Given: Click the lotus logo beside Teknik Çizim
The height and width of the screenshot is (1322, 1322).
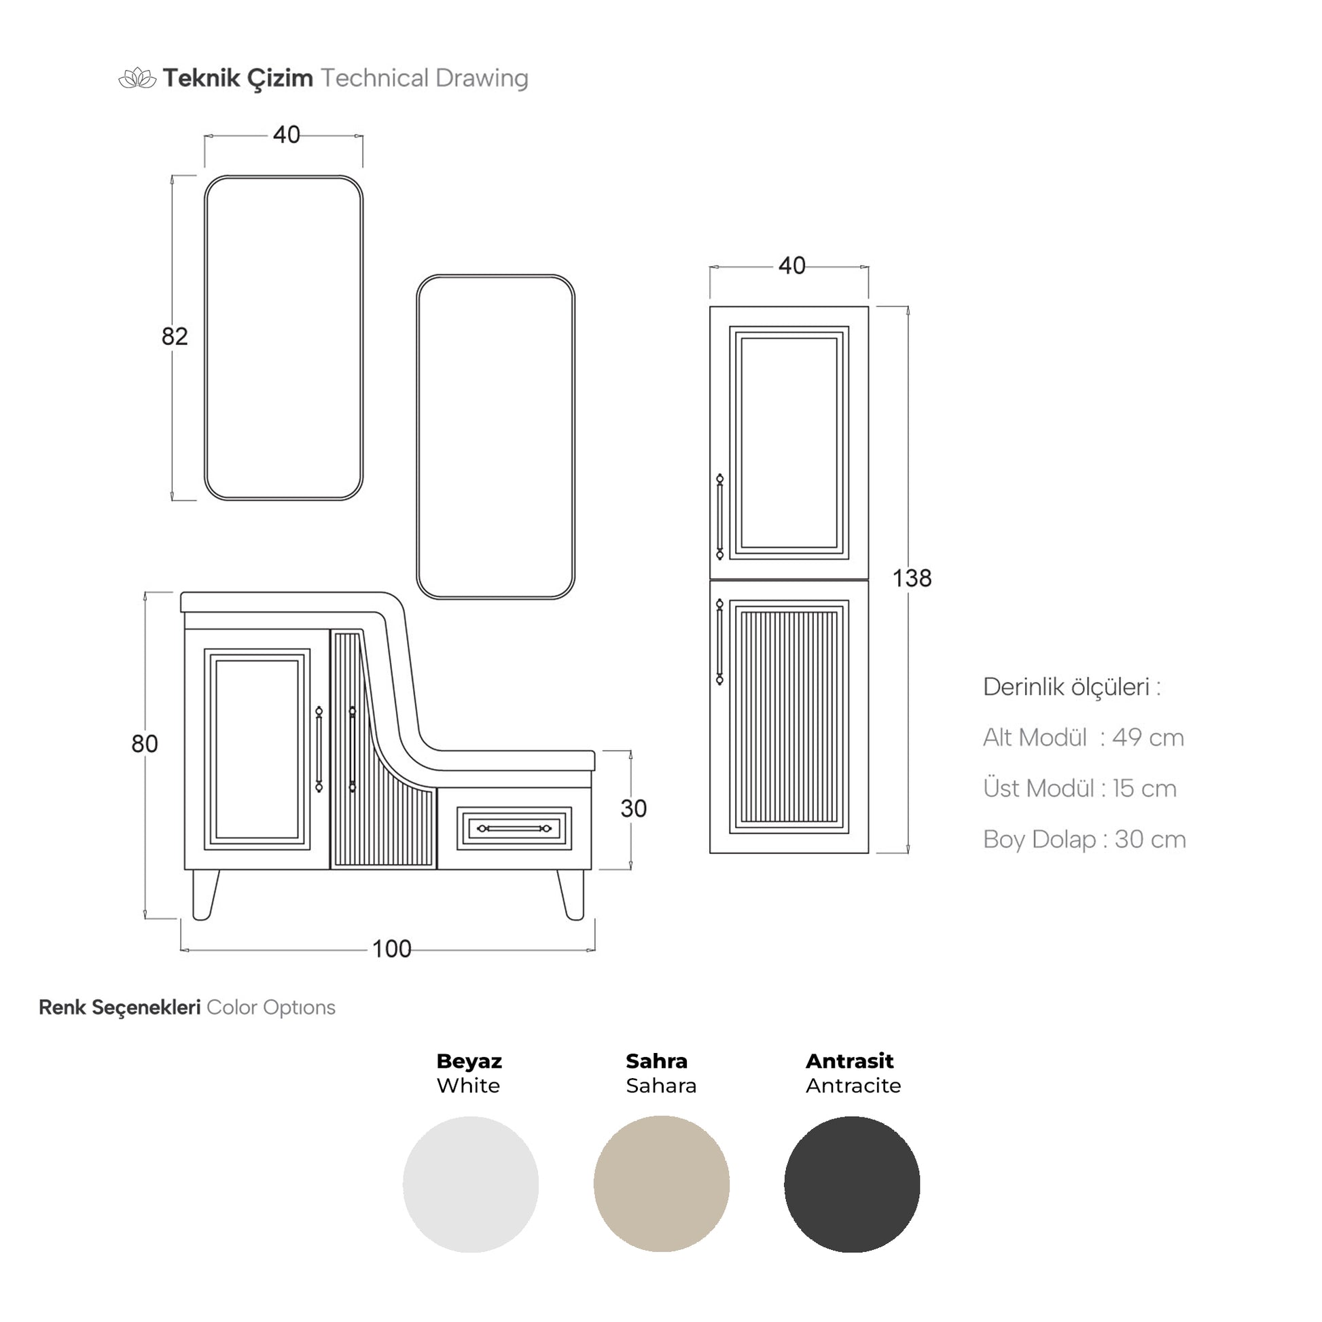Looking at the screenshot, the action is [138, 78].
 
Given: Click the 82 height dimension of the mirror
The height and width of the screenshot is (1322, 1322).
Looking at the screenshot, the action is [175, 337].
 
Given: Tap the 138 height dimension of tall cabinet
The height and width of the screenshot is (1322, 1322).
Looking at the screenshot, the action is [912, 579].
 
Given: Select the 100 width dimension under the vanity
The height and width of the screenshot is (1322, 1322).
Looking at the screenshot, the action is [391, 949].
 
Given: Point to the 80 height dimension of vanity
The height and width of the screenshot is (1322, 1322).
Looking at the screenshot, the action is [145, 744].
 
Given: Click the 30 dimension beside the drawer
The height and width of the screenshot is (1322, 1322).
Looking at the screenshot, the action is [634, 809].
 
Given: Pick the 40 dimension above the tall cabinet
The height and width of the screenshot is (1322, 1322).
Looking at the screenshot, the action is [792, 266].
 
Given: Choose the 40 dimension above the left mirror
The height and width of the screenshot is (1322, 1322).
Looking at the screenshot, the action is [287, 135].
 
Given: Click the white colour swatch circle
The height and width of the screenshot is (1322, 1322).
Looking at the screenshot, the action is [471, 1185].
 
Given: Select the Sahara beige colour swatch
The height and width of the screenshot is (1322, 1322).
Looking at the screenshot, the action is [662, 1185].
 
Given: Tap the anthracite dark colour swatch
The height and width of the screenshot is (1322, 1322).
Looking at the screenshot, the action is [852, 1185].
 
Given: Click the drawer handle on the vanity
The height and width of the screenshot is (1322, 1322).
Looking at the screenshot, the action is [514, 829].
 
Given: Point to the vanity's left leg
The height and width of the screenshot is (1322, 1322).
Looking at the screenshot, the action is [203, 895].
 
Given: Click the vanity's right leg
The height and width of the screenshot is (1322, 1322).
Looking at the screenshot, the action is [572, 895].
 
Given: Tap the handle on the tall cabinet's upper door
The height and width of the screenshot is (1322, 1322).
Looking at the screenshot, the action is [720, 516].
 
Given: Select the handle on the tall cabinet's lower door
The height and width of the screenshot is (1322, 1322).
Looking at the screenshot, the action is [720, 642].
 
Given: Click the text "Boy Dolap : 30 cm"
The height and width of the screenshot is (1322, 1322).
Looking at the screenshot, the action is [1084, 840].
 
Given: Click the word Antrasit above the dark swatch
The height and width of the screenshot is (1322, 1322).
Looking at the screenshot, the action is [850, 1061].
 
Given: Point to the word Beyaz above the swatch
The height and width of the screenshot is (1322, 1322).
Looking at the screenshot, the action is [469, 1062].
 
